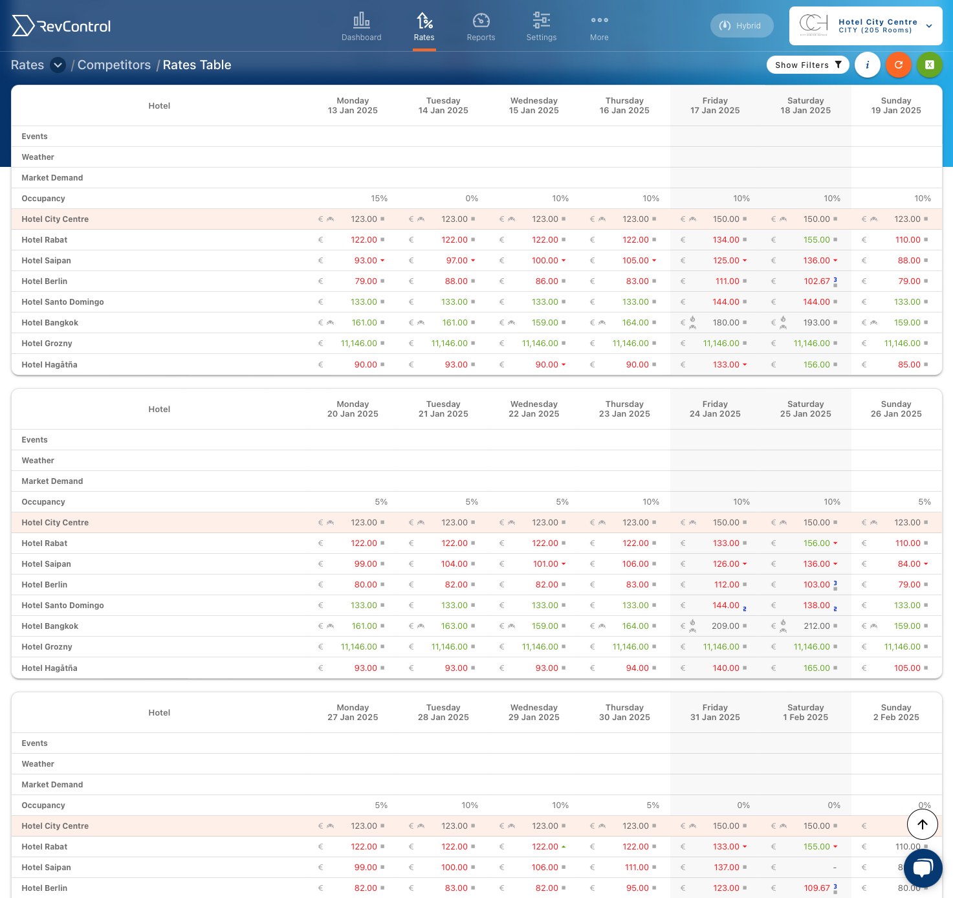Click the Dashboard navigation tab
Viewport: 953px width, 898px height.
(361, 27)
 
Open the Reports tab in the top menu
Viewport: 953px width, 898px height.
(481, 27)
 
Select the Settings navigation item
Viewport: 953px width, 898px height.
(542, 27)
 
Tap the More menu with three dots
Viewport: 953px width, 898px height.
(599, 27)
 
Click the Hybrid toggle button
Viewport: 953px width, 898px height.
(741, 25)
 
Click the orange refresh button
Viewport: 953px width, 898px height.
(898, 65)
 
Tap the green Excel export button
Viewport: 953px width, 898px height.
(930, 65)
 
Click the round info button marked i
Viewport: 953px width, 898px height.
(867, 65)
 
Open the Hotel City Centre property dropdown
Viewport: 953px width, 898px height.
(866, 26)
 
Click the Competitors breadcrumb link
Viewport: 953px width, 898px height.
(115, 65)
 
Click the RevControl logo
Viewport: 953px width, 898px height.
(61, 26)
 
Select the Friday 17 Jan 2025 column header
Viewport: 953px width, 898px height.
(714, 105)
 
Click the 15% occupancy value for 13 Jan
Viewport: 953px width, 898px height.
(379, 198)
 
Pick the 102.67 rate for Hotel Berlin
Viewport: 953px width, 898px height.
(816, 281)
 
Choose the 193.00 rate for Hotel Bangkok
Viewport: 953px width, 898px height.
(816, 323)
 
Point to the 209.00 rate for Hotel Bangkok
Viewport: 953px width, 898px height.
(725, 626)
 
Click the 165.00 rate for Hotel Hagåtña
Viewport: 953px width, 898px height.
(816, 668)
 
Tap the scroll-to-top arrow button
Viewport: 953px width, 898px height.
(922, 824)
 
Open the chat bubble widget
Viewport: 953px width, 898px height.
(923, 868)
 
